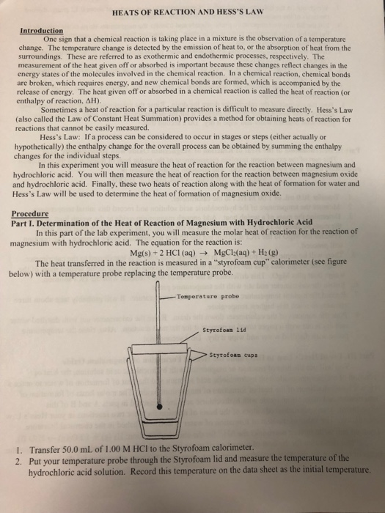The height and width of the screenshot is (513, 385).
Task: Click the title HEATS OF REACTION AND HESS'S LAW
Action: (x=192, y=12)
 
